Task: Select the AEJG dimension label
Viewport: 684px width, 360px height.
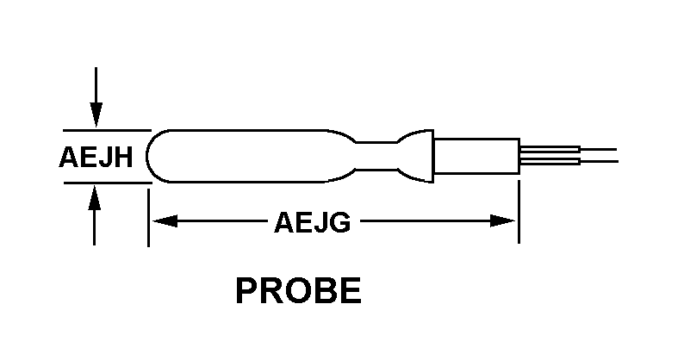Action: (x=312, y=222)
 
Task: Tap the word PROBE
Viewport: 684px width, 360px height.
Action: (x=298, y=291)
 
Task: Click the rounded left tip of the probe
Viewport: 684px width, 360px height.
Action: (x=151, y=156)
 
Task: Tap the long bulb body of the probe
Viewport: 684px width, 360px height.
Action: (x=250, y=156)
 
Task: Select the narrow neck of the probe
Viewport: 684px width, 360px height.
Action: (x=376, y=156)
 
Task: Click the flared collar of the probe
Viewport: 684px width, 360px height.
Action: (x=419, y=156)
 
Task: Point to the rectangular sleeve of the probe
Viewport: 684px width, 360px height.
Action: (x=475, y=156)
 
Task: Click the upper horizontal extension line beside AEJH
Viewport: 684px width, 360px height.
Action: (x=103, y=130)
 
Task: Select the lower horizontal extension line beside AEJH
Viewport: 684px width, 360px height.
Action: (x=103, y=183)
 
